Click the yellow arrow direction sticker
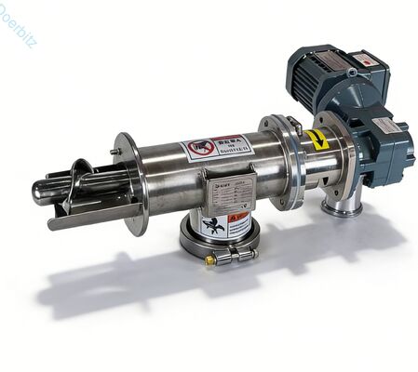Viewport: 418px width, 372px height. pyautogui.click(x=317, y=141)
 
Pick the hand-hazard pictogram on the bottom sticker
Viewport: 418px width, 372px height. pyautogui.click(x=215, y=224)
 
